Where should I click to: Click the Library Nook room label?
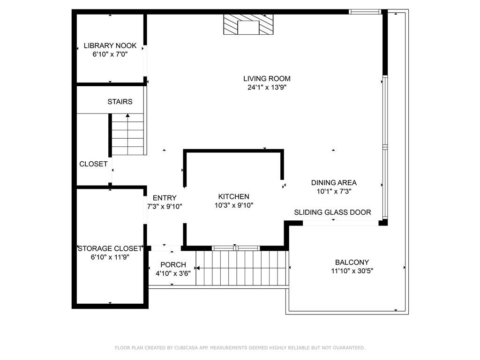tap(110, 45)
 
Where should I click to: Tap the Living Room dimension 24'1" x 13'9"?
tap(267, 87)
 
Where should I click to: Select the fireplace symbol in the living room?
tap(248, 24)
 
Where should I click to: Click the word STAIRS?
tap(120, 101)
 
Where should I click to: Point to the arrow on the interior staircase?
tap(127, 116)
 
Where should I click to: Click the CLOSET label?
tap(93, 164)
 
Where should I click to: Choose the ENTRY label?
tap(165, 198)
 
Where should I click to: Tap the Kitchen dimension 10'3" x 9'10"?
tap(233, 205)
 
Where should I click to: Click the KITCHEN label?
tap(233, 196)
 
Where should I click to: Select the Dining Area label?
tap(334, 182)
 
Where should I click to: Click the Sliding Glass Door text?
tap(332, 212)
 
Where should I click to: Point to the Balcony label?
tap(352, 262)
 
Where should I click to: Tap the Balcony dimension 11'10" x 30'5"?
tap(352, 271)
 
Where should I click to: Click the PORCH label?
tap(173, 265)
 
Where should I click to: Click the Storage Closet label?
tap(110, 248)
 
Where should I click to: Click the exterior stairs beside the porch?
tap(241, 268)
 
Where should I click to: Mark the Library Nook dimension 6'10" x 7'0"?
tap(110, 54)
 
